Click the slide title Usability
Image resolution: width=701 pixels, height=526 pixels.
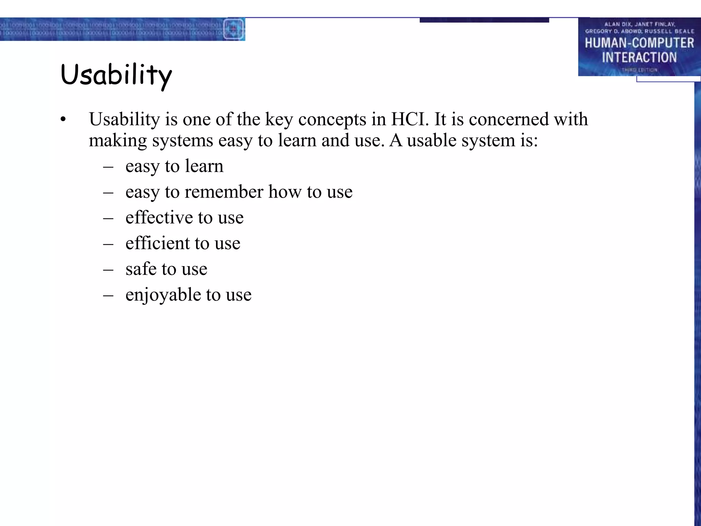tap(116, 75)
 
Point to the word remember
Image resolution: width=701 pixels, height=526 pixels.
tap(224, 192)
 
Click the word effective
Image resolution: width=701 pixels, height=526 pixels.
tap(159, 217)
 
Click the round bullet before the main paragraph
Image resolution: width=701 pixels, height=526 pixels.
tap(63, 120)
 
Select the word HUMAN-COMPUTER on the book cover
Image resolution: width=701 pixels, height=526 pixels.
tap(639, 43)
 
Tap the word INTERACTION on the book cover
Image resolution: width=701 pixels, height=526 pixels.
tap(639, 57)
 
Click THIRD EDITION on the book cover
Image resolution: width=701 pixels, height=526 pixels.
tap(639, 70)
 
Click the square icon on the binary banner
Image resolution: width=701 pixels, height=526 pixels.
tap(233, 29)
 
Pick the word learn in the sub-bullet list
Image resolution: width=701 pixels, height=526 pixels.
tap(204, 166)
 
